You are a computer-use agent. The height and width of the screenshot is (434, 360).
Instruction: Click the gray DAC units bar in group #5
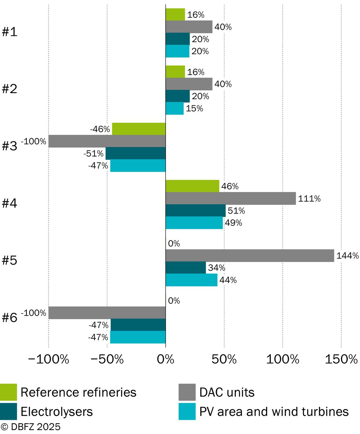point(250,255)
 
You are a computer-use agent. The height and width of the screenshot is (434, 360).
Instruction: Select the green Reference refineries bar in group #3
point(139,129)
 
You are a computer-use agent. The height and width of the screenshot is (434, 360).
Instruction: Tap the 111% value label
point(309,199)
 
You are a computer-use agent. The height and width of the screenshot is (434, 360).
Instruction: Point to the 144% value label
point(347,256)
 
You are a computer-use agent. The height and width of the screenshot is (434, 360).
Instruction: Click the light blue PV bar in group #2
point(174,108)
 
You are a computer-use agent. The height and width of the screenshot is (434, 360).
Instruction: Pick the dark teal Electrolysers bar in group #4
point(196,211)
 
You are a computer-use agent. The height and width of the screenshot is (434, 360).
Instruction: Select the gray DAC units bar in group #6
point(107,313)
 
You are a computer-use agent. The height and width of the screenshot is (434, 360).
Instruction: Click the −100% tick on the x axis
point(49,359)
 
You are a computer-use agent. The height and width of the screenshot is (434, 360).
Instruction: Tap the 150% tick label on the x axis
point(341,359)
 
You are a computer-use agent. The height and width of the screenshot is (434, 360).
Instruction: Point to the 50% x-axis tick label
point(224,359)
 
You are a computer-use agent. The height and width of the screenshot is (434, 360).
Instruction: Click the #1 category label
point(9,32)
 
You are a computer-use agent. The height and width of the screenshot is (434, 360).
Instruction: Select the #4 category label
point(9,203)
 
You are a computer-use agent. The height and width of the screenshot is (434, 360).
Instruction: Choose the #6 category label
point(9,318)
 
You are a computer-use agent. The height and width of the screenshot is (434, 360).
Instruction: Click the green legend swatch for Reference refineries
point(8,392)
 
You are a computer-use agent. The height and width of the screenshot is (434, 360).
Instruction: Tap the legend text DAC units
point(227,393)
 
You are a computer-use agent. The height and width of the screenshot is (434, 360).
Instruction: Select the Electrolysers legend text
point(57,412)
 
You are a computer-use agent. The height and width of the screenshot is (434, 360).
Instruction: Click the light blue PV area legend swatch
point(187,412)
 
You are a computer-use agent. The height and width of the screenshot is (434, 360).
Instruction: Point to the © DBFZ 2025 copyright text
point(30,427)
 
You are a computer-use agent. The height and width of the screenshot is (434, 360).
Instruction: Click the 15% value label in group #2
point(194,108)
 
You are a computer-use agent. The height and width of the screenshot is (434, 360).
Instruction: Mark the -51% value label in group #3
point(94,154)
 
